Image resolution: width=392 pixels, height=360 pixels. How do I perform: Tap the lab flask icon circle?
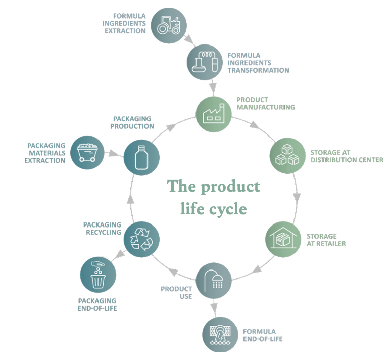(x=205, y=63)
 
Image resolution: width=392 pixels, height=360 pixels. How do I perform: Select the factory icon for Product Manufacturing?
(x=214, y=113)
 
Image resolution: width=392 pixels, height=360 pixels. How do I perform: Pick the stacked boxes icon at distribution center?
(x=287, y=155)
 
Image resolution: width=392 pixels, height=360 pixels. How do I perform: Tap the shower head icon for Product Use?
(x=214, y=280)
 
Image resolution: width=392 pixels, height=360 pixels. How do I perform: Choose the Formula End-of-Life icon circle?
(x=220, y=334)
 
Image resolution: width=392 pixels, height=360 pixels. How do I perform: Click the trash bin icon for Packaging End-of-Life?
(x=98, y=276)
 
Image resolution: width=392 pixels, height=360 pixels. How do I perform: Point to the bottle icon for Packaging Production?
(x=142, y=157)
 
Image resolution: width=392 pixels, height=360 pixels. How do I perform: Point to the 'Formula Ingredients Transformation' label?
(x=258, y=63)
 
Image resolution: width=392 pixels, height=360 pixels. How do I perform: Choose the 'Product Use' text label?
(x=177, y=292)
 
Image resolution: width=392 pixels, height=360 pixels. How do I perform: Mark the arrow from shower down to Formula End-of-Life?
(x=215, y=306)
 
